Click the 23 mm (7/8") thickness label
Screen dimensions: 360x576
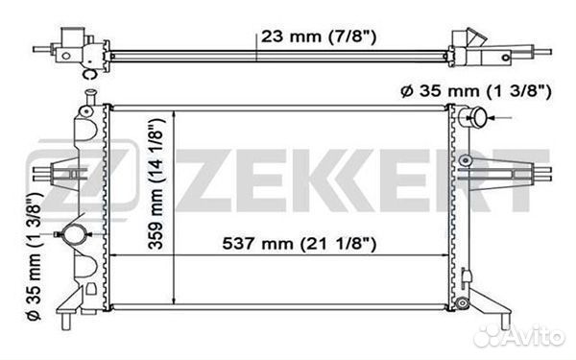coord(316,37)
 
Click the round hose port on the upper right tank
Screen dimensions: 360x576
coord(471,118)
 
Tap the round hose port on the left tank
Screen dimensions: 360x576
coord(71,233)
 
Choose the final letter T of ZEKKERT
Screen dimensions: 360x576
coord(519,180)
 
